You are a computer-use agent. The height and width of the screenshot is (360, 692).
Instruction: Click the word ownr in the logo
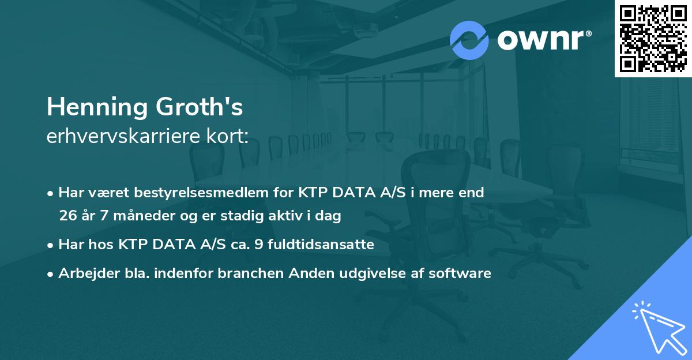(x=540, y=40)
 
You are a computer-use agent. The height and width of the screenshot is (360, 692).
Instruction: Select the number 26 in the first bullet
(x=67, y=216)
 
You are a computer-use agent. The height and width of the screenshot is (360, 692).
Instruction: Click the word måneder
(x=131, y=216)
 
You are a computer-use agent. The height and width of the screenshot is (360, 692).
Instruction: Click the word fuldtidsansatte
(x=328, y=245)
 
